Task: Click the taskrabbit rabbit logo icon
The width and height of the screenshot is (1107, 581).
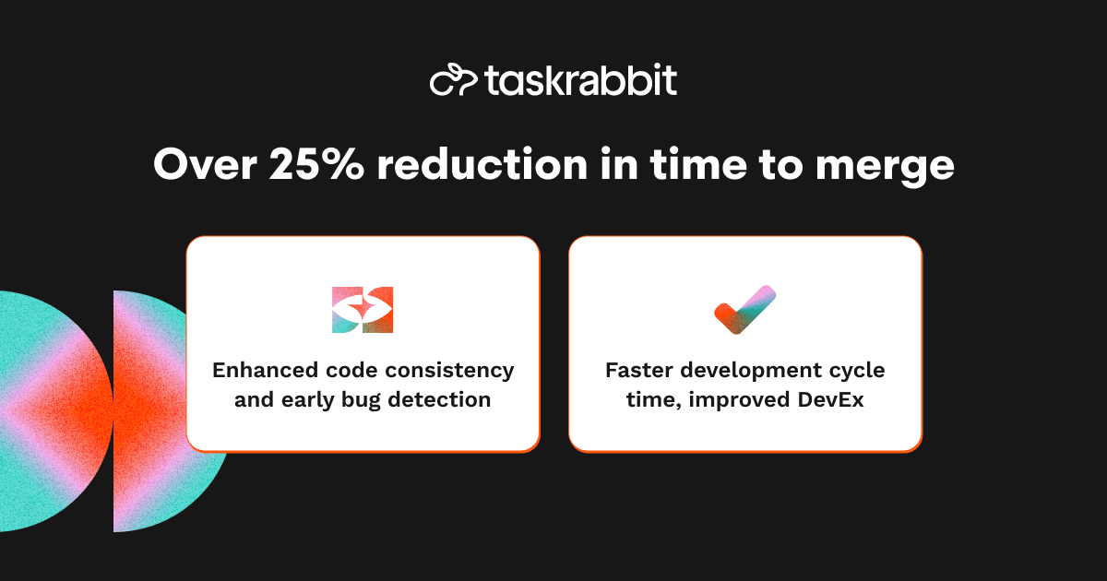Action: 453,81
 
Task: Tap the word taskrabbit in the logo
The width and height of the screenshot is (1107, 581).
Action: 580,81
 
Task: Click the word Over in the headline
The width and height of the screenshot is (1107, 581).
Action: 204,165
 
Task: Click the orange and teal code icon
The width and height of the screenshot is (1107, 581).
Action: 363,310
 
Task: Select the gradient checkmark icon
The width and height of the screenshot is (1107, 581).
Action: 744,311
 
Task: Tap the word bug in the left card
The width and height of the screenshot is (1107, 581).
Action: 363,401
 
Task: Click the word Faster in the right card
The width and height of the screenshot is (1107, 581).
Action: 636,371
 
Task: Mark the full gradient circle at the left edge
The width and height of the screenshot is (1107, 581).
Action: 46,411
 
